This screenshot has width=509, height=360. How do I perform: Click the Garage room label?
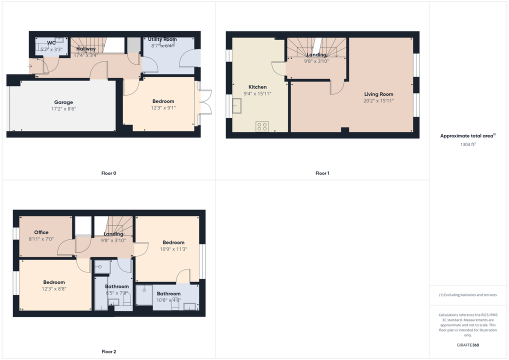[63, 102]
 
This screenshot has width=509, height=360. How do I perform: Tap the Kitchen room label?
[257, 87]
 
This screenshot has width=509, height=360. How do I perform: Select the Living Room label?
[378, 94]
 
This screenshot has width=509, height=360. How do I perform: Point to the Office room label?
[41, 232]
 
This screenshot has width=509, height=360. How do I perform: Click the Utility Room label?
[162, 39]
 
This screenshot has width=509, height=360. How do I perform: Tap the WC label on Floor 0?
[51, 43]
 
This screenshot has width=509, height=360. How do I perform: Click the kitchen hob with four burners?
[262, 126]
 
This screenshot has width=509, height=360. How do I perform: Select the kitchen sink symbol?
[237, 106]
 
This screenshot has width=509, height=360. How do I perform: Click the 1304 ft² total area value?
[468, 144]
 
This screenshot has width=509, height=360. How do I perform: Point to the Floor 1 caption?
[322, 173]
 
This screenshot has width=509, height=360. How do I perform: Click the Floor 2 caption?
[108, 351]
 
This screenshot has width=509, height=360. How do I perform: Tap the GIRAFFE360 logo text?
[468, 345]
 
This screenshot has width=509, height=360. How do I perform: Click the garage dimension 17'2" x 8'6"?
[63, 109]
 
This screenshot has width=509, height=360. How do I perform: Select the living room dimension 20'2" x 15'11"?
[378, 100]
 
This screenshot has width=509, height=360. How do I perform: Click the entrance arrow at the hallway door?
[30, 66]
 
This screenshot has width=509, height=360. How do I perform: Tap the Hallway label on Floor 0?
[86, 48]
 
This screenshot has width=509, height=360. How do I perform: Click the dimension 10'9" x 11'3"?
[173, 249]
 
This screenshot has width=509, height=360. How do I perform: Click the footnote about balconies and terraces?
[468, 295]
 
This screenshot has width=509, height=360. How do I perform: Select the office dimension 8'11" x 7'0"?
[41, 239]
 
